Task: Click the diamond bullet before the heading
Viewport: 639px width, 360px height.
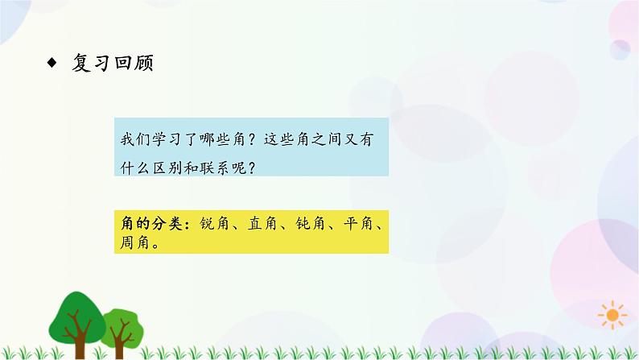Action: [x=52, y=64]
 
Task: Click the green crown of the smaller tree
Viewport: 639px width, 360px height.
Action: [x=120, y=305]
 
